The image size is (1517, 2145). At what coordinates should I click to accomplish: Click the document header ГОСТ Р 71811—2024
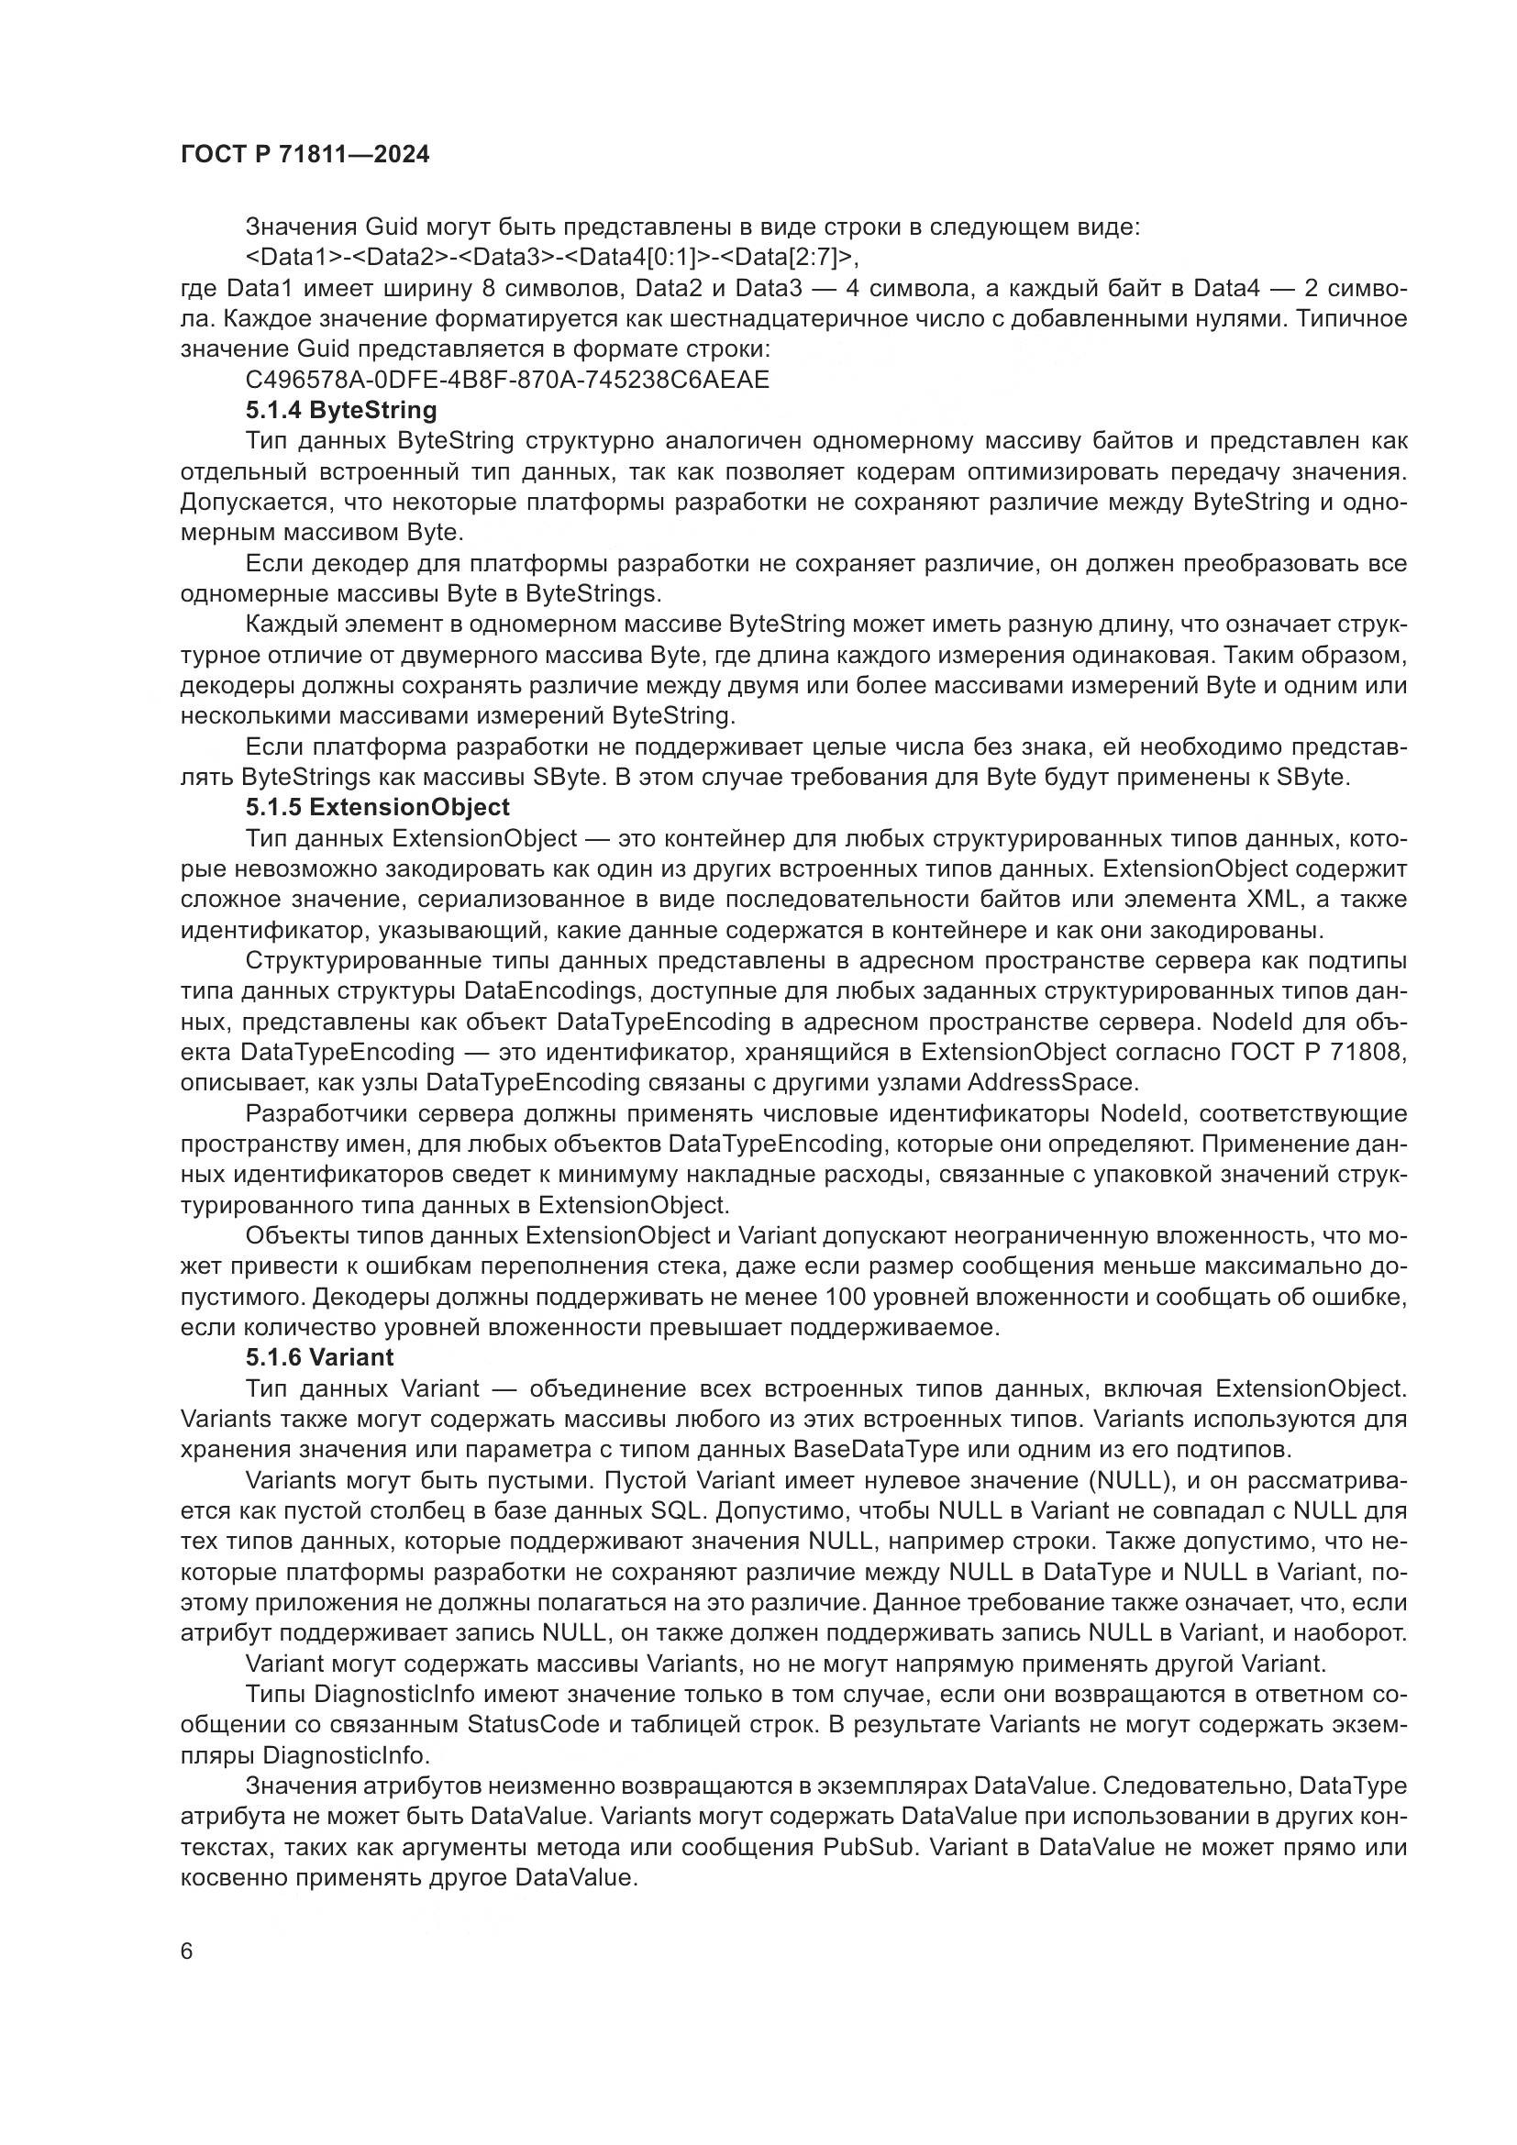tap(305, 155)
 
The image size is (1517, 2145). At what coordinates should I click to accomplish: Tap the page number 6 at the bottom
tap(187, 1952)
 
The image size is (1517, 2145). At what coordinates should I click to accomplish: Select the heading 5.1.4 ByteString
tap(341, 410)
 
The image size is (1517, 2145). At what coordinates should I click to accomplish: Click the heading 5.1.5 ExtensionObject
tap(377, 807)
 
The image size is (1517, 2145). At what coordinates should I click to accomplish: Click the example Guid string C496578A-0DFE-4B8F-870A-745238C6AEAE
tap(507, 381)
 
